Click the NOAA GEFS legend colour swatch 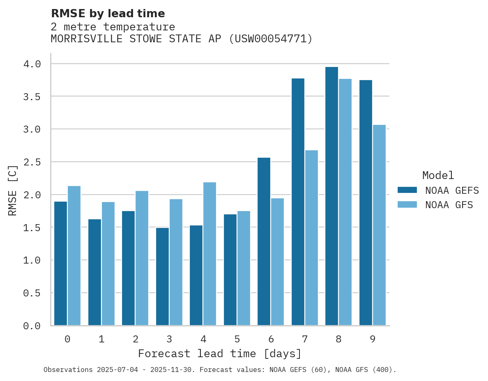(x=407, y=190)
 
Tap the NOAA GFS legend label (x=449, y=205)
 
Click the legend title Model (x=438, y=175)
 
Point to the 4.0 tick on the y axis (x=32, y=64)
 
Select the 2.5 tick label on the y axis (x=32, y=162)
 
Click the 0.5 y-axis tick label (x=32, y=293)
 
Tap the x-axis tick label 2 (x=135, y=339)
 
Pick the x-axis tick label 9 (x=372, y=339)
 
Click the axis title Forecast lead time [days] (x=220, y=353)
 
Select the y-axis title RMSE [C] (x=13, y=190)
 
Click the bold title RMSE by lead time (x=108, y=14)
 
